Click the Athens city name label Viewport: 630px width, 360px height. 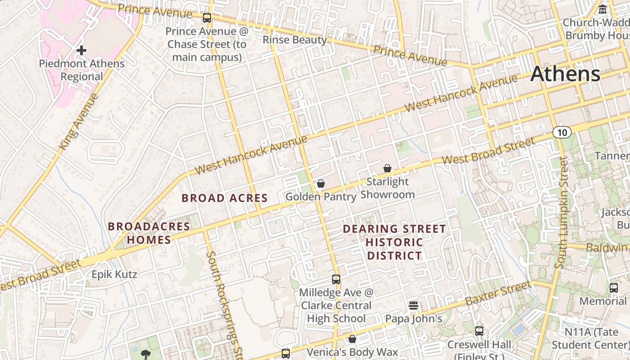click(x=565, y=74)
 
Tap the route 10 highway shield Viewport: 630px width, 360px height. click(x=562, y=132)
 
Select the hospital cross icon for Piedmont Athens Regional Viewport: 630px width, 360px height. click(x=81, y=50)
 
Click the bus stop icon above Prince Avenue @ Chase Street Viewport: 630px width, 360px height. click(x=207, y=18)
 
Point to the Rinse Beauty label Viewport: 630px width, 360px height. click(x=295, y=40)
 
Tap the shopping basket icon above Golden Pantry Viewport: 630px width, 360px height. click(x=321, y=184)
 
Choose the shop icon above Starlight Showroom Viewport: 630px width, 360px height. click(x=387, y=169)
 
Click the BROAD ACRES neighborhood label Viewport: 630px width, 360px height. click(x=225, y=198)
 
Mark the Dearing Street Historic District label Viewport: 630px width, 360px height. click(x=395, y=243)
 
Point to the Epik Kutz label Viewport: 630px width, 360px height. click(x=114, y=274)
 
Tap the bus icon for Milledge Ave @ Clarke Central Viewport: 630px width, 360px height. click(x=336, y=279)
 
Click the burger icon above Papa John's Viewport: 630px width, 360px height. click(x=414, y=306)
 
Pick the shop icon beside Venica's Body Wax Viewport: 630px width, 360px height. click(x=352, y=339)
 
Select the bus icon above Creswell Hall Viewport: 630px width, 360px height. click(x=479, y=331)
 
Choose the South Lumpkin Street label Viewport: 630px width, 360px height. click(x=562, y=212)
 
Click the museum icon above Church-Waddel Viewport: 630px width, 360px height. click(x=603, y=9)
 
